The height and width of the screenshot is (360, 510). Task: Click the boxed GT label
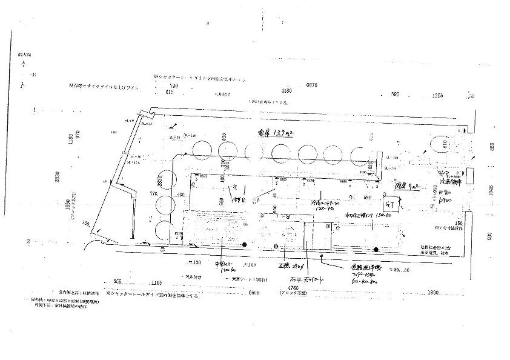point(391,205)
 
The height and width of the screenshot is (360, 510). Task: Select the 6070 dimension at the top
point(312,85)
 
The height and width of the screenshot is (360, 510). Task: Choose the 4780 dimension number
point(294,288)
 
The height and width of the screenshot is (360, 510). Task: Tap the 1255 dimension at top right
point(437,96)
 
